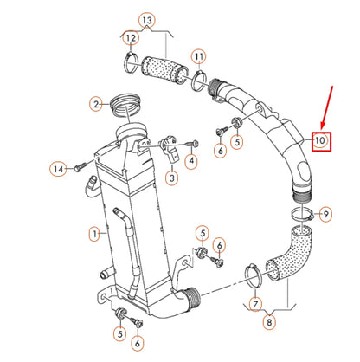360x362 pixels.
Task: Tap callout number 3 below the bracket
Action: pyautogui.click(x=172, y=178)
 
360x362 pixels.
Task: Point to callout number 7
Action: pyautogui.click(x=255, y=304)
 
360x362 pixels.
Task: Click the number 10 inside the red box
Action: pyautogui.click(x=320, y=139)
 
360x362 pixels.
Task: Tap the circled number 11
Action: pyautogui.click(x=199, y=58)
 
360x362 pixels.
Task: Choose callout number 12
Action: pyautogui.click(x=130, y=37)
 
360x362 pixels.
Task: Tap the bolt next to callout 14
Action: pyautogui.click(x=80, y=165)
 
